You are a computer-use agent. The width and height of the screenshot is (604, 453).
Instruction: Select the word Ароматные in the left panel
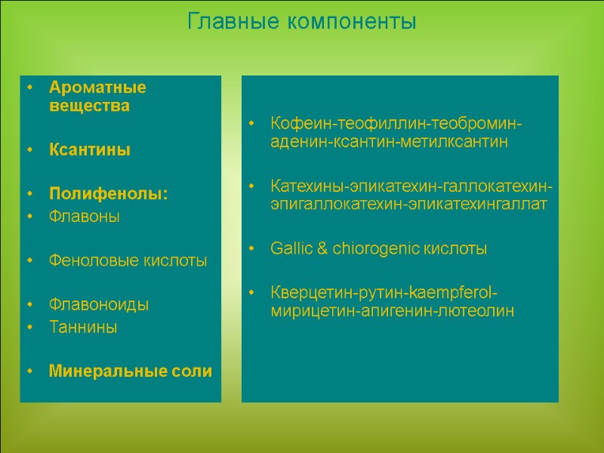click(x=97, y=87)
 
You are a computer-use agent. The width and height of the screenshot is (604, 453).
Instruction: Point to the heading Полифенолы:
click(x=109, y=194)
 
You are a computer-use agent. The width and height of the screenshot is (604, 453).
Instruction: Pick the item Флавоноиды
click(x=98, y=305)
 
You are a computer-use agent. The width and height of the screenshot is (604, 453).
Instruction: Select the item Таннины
click(x=83, y=327)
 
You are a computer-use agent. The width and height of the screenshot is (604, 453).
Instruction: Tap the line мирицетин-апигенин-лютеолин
click(x=392, y=310)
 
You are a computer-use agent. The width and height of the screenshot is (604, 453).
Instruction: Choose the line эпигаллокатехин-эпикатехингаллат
click(x=408, y=204)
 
